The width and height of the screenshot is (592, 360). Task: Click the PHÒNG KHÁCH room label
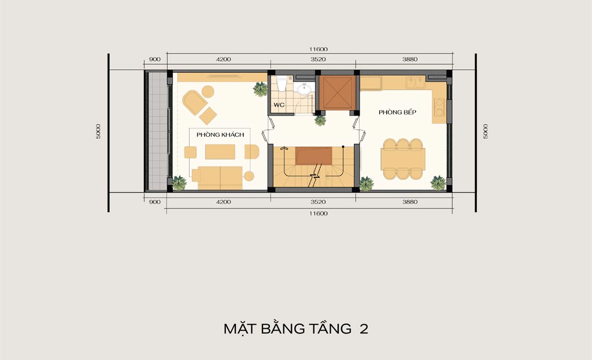[220, 135]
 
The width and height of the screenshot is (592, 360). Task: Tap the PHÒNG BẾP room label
[398, 112]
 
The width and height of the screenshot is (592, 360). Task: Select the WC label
[279, 105]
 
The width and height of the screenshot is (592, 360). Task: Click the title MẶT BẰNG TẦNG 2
[295, 328]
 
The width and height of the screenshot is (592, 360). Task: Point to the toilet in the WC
[282, 83]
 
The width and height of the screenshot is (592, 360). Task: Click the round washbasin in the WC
[304, 89]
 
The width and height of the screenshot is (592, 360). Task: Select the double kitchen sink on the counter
[415, 82]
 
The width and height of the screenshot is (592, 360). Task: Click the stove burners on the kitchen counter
[439, 107]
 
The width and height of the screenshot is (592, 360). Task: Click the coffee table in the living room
[220, 152]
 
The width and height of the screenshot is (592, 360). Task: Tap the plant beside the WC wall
[260, 89]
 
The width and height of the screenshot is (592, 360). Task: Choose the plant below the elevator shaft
[320, 120]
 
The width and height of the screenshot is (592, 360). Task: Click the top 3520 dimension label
[318, 60]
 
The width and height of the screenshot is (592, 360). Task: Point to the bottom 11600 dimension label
[319, 214]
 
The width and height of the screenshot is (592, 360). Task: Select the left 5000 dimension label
[98, 131]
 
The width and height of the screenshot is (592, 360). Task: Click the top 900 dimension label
[155, 60]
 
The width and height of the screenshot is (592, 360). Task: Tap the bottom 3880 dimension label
[410, 202]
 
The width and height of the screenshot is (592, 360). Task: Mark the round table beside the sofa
[249, 176]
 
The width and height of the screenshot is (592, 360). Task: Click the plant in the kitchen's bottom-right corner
[438, 183]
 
